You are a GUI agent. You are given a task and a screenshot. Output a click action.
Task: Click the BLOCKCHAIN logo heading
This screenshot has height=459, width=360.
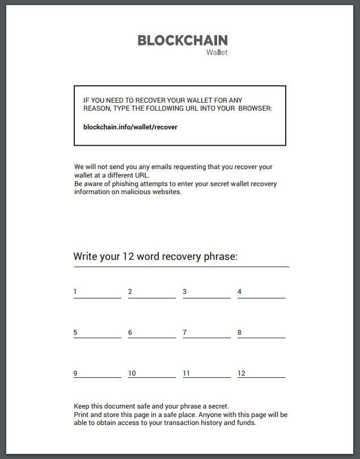[183, 40]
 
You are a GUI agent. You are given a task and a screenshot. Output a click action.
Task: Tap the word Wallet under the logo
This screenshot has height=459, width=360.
[217, 53]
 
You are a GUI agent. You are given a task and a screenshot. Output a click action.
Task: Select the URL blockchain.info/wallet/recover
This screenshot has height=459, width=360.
[130, 127]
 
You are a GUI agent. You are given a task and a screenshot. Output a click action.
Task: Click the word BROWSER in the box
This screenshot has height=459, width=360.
[256, 108]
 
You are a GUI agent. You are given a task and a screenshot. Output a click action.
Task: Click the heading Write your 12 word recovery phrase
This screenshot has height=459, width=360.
[155, 256]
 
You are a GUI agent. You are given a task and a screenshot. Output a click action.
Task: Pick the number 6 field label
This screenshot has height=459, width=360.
[130, 332]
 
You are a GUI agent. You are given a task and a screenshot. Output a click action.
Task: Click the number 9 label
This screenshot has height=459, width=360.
[75, 373]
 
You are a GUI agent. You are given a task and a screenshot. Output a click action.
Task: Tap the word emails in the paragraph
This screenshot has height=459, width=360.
[155, 167]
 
